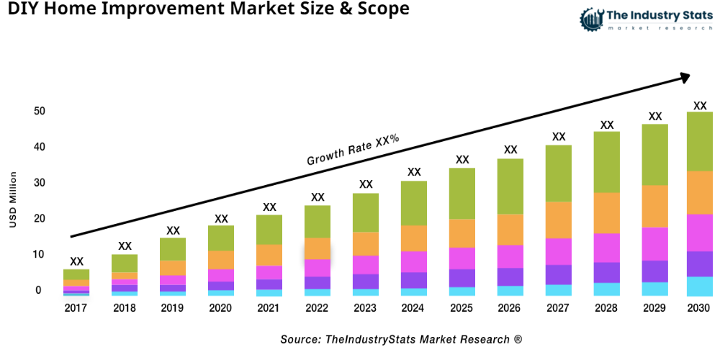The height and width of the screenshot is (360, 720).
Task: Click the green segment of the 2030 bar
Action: pos(699,141)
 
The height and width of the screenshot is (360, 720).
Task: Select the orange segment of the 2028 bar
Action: pos(607,212)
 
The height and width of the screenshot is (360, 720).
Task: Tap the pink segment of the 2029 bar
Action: pos(655,243)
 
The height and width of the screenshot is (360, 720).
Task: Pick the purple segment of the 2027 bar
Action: pos(559,274)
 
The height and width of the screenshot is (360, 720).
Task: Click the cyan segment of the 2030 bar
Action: pos(699,286)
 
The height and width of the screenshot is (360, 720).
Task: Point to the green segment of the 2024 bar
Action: pos(414,203)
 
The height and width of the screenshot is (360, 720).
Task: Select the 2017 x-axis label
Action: pos(76,308)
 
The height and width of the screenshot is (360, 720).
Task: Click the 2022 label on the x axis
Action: pos(318,308)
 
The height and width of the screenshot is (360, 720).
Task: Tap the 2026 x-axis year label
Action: pos(510,308)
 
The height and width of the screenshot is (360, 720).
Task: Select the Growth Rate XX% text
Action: pos(353,150)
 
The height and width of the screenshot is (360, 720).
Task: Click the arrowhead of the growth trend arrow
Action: pos(684,76)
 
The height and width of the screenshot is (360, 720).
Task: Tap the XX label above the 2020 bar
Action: pos(221,218)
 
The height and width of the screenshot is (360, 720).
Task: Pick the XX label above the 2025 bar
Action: pos(462,159)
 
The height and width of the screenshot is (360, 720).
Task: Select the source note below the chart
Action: pos(401,338)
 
